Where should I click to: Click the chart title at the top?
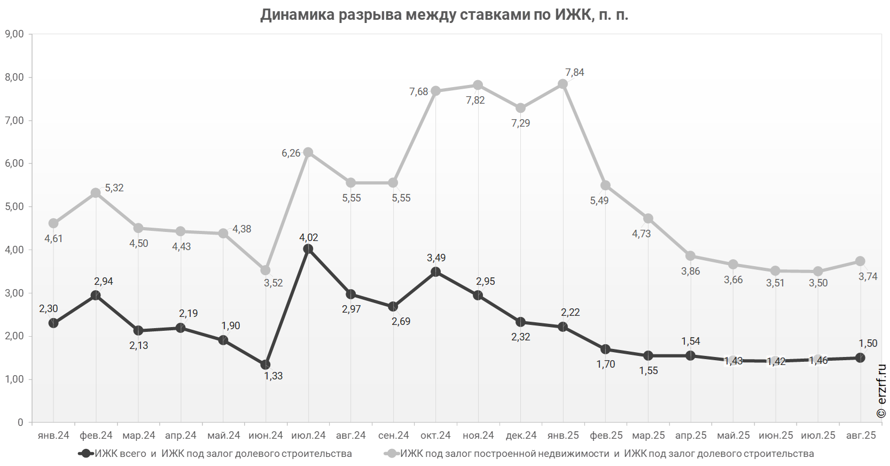[x=444, y=15]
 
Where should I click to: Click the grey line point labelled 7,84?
[x=563, y=84]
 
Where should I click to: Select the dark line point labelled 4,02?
[x=308, y=249]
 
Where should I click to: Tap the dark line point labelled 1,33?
[x=266, y=365]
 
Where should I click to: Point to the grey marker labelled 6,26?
[x=308, y=152]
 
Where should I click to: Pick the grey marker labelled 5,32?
[x=96, y=193]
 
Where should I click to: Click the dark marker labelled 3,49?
[x=436, y=272]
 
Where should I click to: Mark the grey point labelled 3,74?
[x=860, y=261]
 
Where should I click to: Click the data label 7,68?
[x=419, y=92]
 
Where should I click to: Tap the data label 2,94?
[x=104, y=282]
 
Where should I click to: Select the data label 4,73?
[x=642, y=234]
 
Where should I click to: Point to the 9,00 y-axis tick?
[x=14, y=34]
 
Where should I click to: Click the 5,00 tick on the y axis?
[x=14, y=207]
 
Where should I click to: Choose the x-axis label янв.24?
[x=53, y=436]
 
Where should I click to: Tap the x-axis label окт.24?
[x=436, y=436]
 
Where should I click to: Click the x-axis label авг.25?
[x=861, y=436]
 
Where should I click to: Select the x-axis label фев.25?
[x=606, y=436]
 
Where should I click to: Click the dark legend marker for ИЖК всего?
[x=86, y=454]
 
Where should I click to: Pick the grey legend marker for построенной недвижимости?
[x=392, y=454]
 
